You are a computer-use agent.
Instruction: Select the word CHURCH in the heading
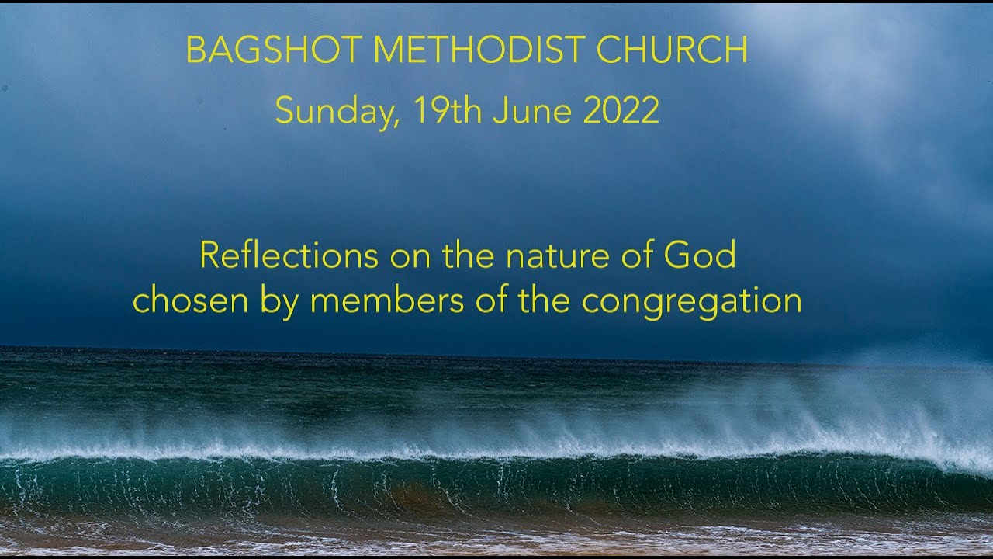coord(672,50)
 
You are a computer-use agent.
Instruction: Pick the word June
coord(533,111)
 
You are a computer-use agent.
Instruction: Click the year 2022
coord(621,111)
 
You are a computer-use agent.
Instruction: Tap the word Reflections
coord(289,255)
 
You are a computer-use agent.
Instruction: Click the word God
coord(703,255)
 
